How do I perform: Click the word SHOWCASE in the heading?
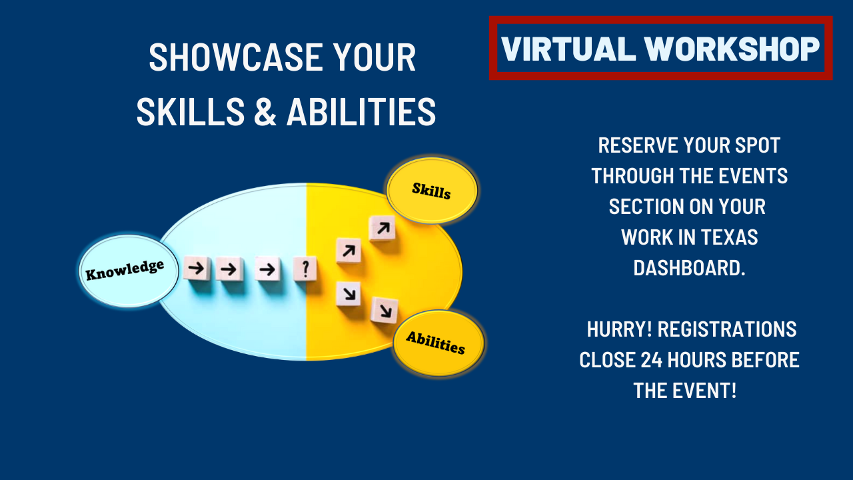[236, 57]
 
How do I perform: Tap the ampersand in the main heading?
[265, 111]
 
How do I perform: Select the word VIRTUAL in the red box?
[568, 49]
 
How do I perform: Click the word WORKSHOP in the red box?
[732, 49]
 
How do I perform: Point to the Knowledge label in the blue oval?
[125, 270]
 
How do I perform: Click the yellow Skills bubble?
[432, 190]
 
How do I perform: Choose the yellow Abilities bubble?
[438, 343]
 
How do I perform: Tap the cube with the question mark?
[305, 269]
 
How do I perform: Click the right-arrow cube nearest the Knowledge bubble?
[197, 268]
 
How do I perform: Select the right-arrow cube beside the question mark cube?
[268, 269]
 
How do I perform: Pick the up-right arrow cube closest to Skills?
[383, 228]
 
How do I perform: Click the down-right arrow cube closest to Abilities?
[385, 311]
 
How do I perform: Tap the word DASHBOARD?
[689, 268]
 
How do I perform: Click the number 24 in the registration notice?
[652, 360]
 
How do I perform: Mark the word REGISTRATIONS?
[727, 329]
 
